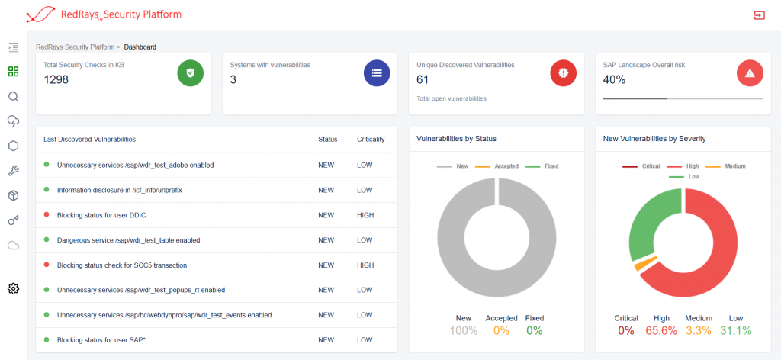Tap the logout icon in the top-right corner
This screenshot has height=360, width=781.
click(x=759, y=15)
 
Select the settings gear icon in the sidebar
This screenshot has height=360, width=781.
click(x=13, y=288)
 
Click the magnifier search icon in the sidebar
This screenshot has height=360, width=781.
click(x=13, y=97)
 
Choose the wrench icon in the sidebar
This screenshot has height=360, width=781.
click(x=13, y=171)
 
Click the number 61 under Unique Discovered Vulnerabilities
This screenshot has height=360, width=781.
click(x=423, y=79)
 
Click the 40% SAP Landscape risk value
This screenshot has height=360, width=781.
click(x=615, y=79)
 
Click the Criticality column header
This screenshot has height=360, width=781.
click(x=371, y=140)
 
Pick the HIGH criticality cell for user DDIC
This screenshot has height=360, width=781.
click(x=365, y=215)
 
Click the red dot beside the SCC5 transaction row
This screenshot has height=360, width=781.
click(x=47, y=265)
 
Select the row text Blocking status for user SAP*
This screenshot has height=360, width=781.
click(x=101, y=339)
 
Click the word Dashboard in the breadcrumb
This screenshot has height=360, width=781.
click(x=140, y=47)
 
